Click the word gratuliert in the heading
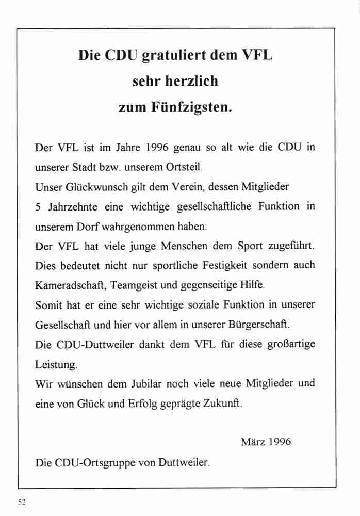click(x=168, y=56)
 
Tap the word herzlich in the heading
click(x=196, y=81)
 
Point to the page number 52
click(x=22, y=502)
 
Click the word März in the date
click(x=252, y=442)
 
